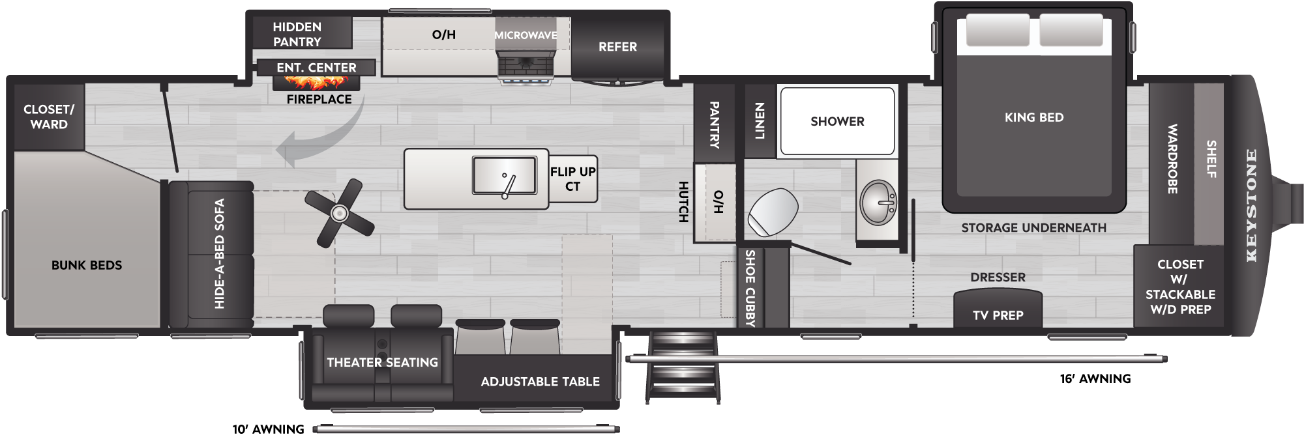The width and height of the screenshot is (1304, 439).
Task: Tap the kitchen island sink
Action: tap(504, 176)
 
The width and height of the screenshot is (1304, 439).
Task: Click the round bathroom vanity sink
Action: tap(878, 203)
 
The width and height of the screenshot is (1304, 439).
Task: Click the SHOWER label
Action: tap(837, 122)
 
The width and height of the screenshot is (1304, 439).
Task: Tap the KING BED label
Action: tap(1034, 118)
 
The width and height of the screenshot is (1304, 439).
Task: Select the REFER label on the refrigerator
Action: tap(617, 47)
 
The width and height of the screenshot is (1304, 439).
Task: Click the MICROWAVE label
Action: tap(526, 35)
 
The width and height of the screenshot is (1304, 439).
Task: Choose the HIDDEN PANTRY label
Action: tap(297, 35)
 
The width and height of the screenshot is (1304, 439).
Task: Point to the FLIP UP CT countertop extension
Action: tap(573, 179)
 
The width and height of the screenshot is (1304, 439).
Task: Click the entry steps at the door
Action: tap(683, 366)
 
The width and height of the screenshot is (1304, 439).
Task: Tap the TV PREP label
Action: tap(998, 316)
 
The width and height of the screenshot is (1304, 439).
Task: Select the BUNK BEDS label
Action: tap(87, 266)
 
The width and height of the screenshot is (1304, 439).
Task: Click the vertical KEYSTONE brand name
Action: tap(1251, 206)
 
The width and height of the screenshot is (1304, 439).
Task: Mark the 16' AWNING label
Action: tap(1095, 379)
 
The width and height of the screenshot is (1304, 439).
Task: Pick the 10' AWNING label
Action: tap(269, 430)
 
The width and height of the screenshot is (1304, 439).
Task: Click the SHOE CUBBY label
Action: tap(750, 288)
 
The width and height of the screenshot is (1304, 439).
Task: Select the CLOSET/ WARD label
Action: tap(49, 117)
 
